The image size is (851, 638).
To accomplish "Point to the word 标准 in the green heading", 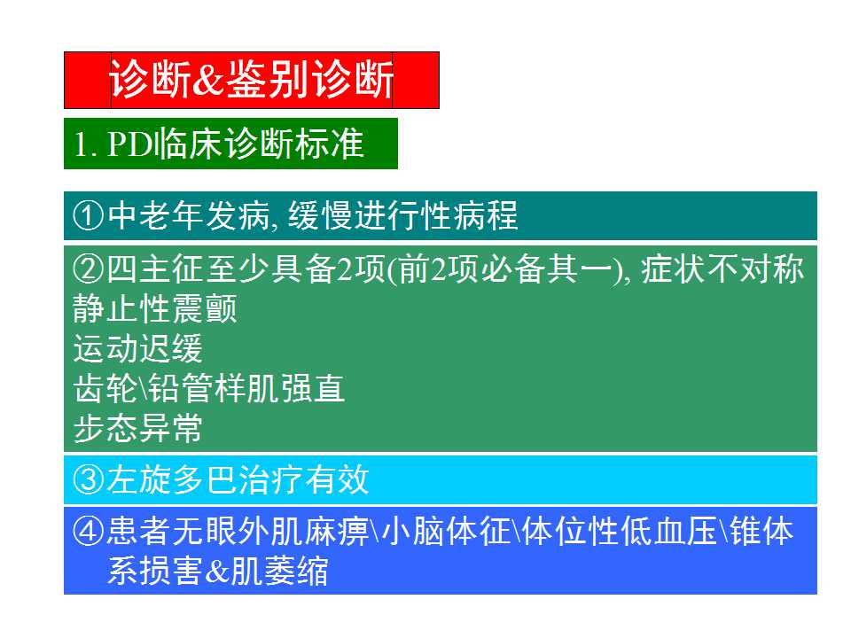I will point(332,144).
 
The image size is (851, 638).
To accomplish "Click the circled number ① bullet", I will point(89,216).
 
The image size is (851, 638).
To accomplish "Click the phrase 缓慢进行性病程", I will point(399,216).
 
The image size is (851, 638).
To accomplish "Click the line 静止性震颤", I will point(154,309).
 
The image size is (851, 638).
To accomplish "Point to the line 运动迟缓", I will point(137,349).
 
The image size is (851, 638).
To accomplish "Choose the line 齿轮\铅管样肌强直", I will point(208,389).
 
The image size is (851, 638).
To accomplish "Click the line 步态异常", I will point(137,429).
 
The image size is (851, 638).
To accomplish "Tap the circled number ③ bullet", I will point(89,480).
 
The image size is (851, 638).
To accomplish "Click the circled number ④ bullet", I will point(89,532).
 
